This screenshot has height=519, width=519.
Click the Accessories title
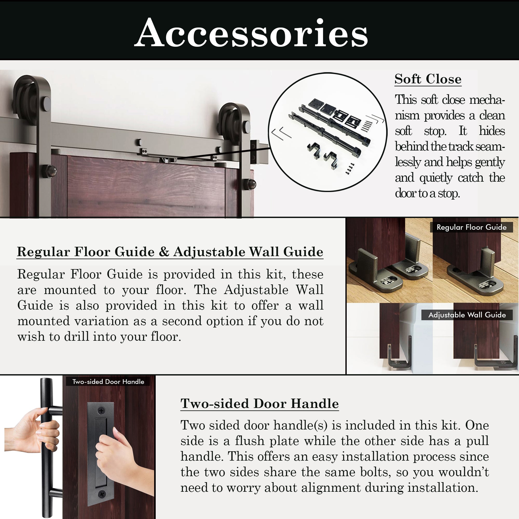251,33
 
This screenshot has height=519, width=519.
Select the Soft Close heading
428,79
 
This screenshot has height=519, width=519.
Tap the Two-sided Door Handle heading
259,404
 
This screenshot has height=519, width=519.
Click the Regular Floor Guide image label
472,227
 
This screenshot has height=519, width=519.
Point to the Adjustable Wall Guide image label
467,315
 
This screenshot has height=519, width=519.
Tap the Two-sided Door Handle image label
108,381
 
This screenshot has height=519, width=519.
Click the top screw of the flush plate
101,411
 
